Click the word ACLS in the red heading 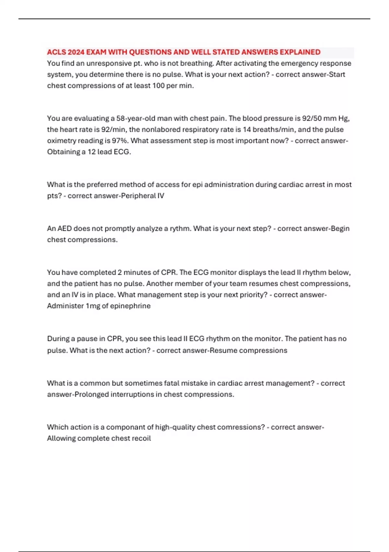(56, 52)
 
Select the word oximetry (62, 141)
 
